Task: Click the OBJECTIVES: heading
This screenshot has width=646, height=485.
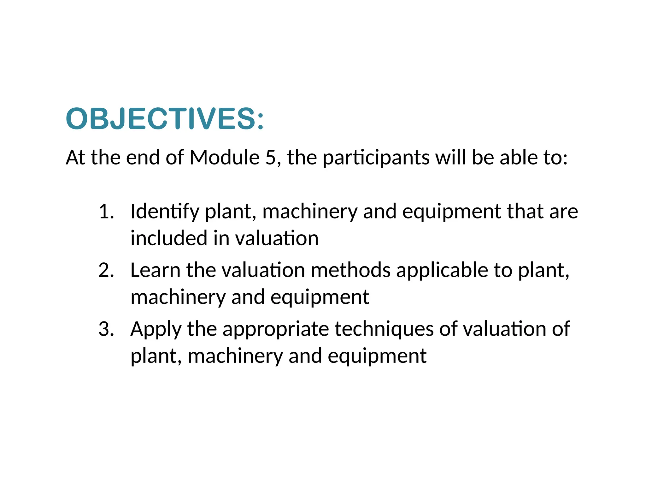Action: [x=165, y=119]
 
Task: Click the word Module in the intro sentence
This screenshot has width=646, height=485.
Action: [x=224, y=157]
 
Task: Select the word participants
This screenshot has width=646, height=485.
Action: [x=376, y=158]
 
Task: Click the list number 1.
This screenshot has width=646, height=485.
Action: [x=106, y=211]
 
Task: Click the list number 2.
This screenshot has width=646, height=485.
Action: [x=106, y=270]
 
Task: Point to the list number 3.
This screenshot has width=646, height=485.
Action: [x=106, y=329]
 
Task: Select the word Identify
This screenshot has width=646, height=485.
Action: [x=165, y=212]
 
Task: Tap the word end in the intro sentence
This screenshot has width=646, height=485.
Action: [x=143, y=157]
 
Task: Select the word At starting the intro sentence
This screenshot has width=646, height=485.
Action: [x=75, y=157]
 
